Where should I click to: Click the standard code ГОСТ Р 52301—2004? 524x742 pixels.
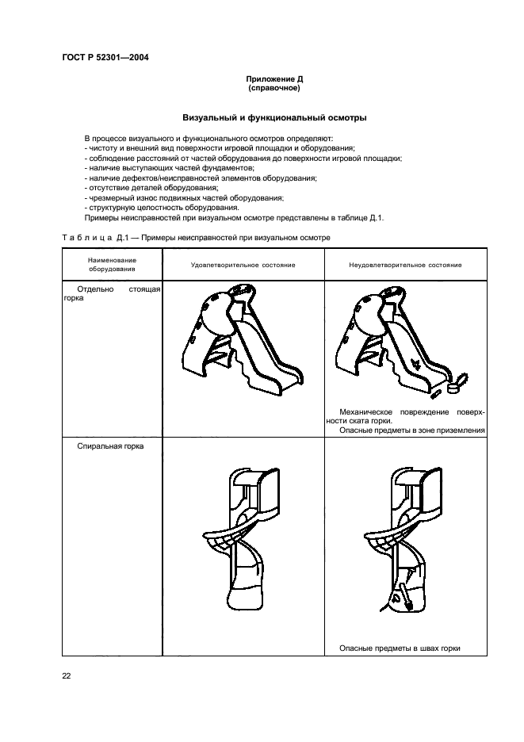point(105,57)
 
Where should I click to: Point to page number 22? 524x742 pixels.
point(67,675)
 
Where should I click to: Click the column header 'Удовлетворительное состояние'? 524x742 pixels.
point(243,264)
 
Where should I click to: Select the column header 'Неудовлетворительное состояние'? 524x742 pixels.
point(406,264)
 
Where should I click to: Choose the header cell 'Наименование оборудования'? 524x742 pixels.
point(113,264)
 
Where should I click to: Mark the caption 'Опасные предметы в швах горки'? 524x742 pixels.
point(400,648)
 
